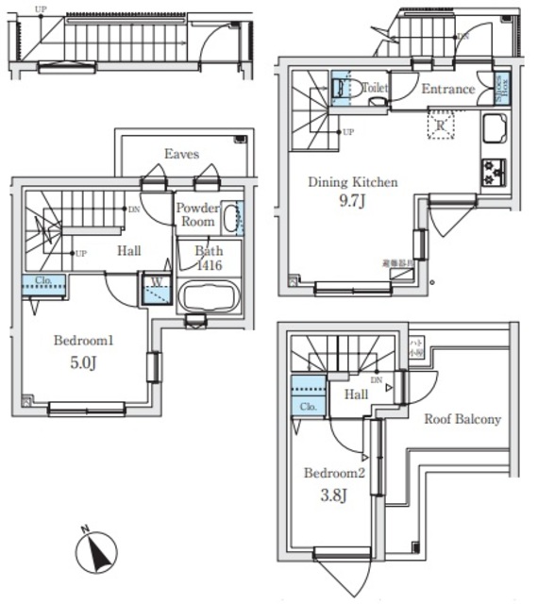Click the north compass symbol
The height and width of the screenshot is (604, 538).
tap(98, 550)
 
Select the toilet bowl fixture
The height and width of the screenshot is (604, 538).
tap(345, 90)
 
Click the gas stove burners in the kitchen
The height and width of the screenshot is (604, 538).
tap(494, 171)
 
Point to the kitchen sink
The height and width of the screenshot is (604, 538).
tap(495, 128)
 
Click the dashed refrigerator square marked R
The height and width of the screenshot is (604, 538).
tap(440, 126)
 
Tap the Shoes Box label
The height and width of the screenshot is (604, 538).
tap(501, 88)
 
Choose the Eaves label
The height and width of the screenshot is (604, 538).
tap(181, 153)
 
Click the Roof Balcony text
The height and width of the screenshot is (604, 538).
tap(462, 419)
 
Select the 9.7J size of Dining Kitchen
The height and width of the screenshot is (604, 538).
tap(353, 201)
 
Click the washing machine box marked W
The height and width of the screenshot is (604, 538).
tap(152, 289)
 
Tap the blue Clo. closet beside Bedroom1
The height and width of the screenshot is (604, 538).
tap(43, 282)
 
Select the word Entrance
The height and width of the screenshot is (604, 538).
tap(447, 90)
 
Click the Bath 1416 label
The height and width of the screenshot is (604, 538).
tap(209, 259)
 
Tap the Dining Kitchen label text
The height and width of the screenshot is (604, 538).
tap(353, 182)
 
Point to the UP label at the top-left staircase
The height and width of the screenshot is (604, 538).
tap(41, 9)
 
